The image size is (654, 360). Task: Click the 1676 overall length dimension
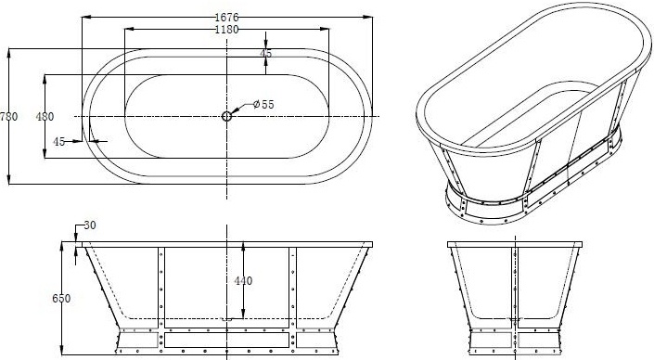pyautogui.click(x=226, y=18)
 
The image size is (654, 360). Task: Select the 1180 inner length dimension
pyautogui.click(x=226, y=30)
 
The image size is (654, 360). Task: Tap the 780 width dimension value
pyautogui.click(x=8, y=116)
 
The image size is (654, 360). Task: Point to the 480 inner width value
pyautogui.click(x=45, y=117)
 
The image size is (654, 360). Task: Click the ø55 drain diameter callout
pyautogui.click(x=263, y=104)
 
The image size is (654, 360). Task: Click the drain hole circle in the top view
pyautogui.click(x=226, y=116)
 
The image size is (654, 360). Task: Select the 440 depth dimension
pyautogui.click(x=243, y=281)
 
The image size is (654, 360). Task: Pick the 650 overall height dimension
pyautogui.click(x=61, y=299)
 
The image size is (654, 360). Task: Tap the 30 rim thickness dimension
pyautogui.click(x=90, y=225)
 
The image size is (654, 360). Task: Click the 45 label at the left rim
pyautogui.click(x=58, y=142)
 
